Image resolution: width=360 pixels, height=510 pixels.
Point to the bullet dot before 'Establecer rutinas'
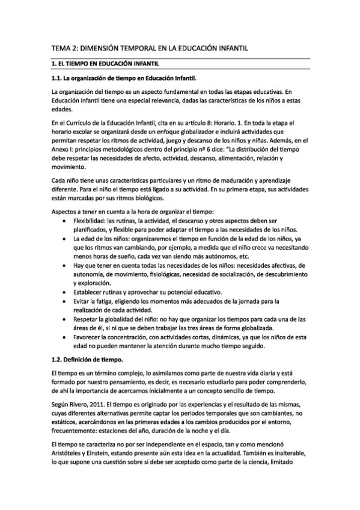[x=64, y=292]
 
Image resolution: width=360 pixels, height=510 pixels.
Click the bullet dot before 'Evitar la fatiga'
[x=64, y=301]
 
